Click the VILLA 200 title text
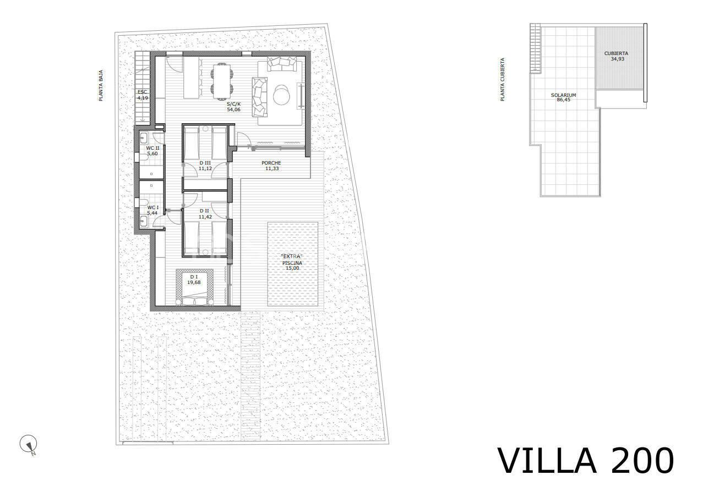[x=586, y=461]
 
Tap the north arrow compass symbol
[x=28, y=444]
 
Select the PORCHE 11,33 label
[x=271, y=166]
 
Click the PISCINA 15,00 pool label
[x=292, y=265]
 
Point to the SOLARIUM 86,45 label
[x=563, y=97]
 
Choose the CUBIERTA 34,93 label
[x=617, y=56]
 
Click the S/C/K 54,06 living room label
[x=234, y=107]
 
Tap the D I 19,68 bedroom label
[x=194, y=280]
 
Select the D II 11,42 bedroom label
[x=205, y=214]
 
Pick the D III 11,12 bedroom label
[x=205, y=166]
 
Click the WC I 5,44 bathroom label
[x=152, y=210]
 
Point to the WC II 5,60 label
[x=152, y=151]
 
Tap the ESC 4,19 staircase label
[x=142, y=95]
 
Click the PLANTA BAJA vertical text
[x=101, y=85]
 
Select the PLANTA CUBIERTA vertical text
[x=503, y=79]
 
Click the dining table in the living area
[x=222, y=81]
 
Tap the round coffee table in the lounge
[x=281, y=95]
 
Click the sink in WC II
[x=144, y=138]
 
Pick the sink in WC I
[x=144, y=221]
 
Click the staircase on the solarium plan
[x=536, y=48]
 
